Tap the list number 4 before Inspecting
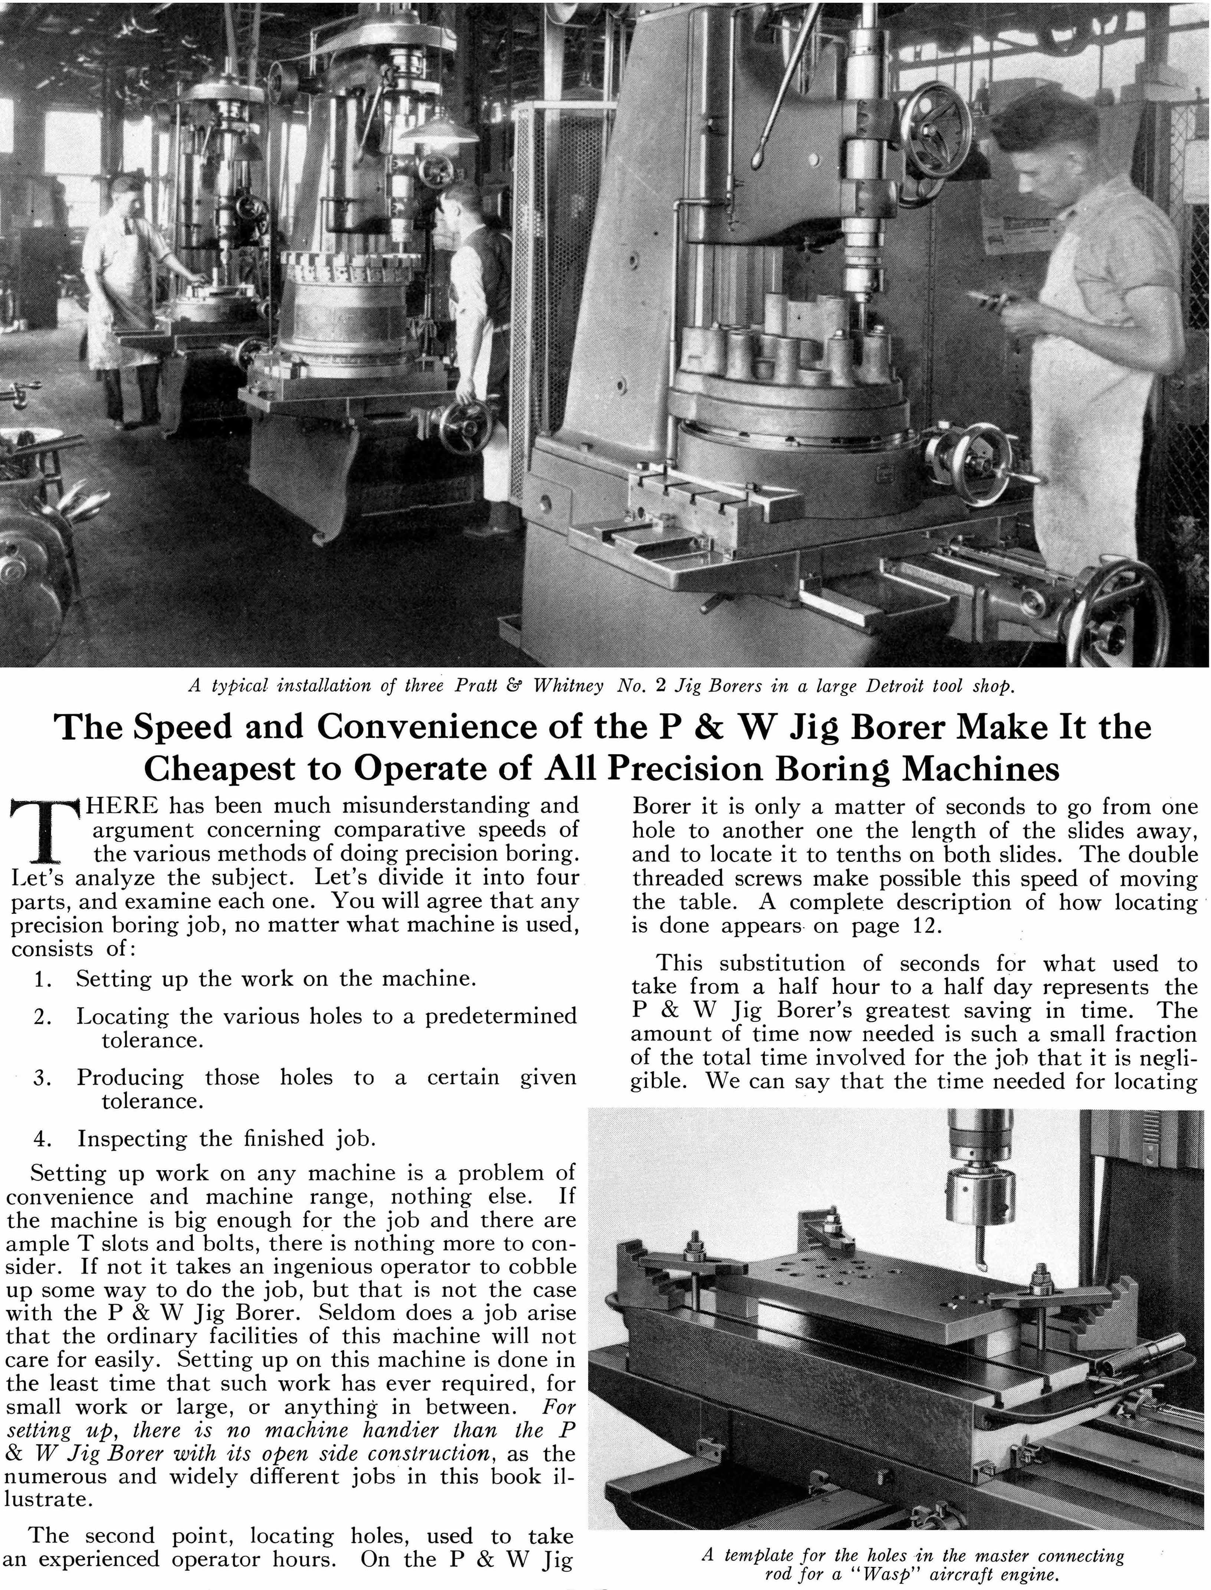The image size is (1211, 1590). [41, 1139]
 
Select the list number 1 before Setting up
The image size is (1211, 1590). [41, 980]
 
